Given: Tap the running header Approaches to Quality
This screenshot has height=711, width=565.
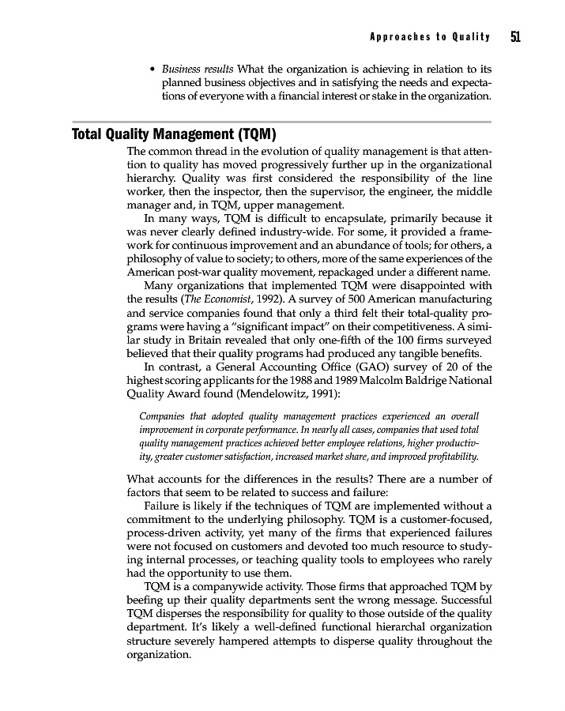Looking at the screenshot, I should (429, 37).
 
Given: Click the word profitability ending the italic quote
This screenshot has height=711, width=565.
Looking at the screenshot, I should (448, 457).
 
